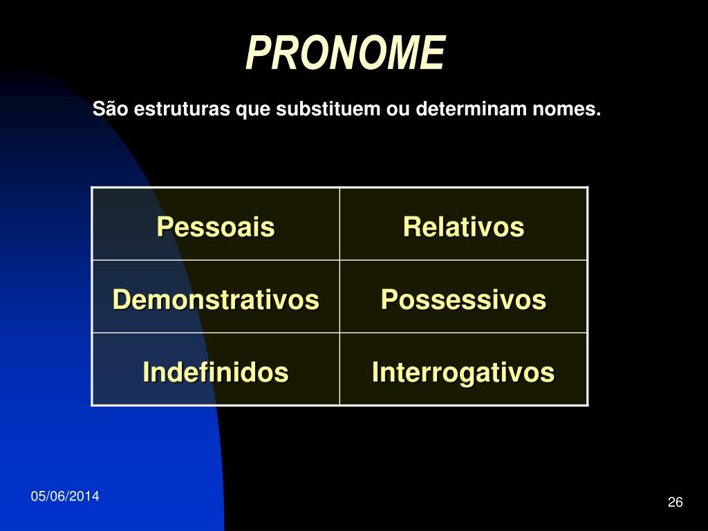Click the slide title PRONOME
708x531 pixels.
pos(346,53)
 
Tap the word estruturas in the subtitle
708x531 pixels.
pos(182,109)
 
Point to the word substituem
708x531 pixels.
pos(328,109)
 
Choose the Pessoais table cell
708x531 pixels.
pos(216,224)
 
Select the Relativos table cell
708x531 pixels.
pos(464,224)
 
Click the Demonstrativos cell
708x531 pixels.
pos(216,297)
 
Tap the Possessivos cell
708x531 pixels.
pos(464,297)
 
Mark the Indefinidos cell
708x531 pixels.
pos(216,369)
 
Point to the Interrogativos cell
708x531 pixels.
pos(464,369)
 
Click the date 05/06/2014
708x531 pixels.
pos(65,496)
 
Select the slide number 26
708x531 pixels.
pos(675,502)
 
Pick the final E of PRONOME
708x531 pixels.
pos(431,53)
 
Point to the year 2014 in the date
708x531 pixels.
pos(84,496)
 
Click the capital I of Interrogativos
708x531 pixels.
pos(375,371)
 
